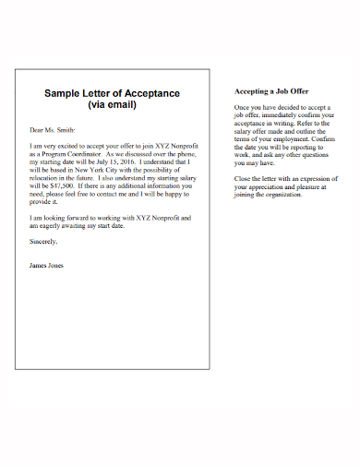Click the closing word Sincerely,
(43, 241)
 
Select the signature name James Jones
(47, 265)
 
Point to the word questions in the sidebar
(313, 152)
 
